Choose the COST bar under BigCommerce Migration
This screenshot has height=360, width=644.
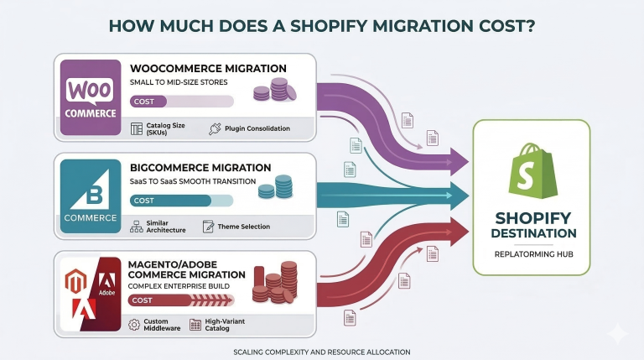182,201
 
